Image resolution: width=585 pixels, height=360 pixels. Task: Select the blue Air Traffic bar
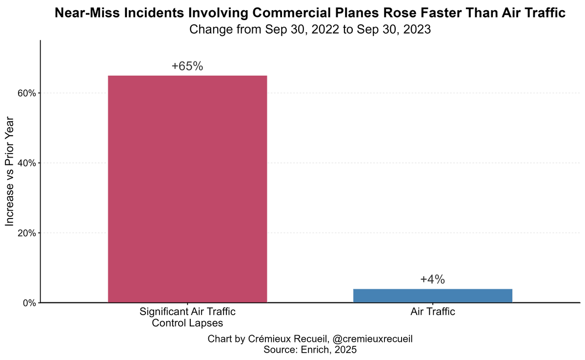tap(432, 296)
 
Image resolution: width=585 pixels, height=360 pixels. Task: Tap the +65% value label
tap(187, 67)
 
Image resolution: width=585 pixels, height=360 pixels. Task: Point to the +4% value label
tap(432, 280)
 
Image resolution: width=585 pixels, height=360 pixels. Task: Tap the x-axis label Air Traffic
tap(432, 312)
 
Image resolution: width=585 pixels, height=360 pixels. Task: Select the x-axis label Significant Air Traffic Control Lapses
tap(187, 317)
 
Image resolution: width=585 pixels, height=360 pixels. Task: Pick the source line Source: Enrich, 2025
tap(310, 349)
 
